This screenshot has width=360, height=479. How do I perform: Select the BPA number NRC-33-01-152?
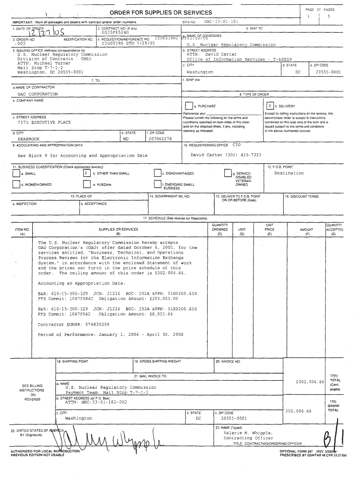coord(221,22)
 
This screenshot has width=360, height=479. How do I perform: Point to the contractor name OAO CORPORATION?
coord(38,94)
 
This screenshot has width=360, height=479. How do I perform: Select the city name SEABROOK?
coord(29,139)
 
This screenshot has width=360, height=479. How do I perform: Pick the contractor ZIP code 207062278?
coord(160,139)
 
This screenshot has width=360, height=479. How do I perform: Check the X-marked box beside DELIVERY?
coord(270,106)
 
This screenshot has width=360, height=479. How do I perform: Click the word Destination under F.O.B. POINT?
coord(289,173)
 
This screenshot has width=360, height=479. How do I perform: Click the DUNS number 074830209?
coord(93,324)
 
